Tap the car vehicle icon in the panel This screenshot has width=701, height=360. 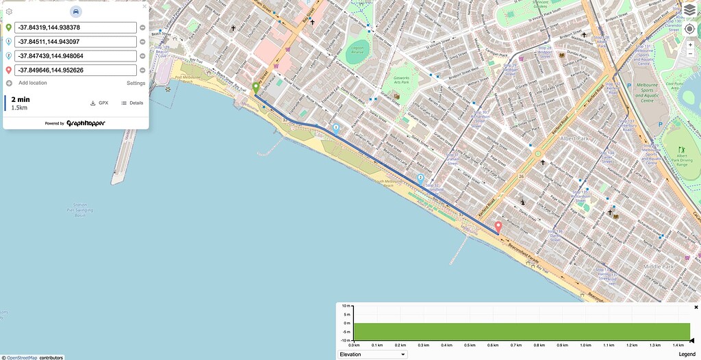tap(76, 12)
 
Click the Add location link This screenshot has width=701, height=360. tap(32, 83)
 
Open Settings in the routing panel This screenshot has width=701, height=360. tap(136, 83)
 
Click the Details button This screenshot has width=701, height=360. tap(132, 103)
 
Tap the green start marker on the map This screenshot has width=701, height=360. tap(256, 88)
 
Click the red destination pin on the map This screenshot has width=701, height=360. tap(498, 227)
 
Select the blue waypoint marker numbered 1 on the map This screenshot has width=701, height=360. tap(336, 128)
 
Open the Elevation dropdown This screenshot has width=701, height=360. tap(372, 355)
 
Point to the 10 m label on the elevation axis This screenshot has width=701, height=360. tap(346, 306)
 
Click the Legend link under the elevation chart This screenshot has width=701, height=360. tap(686, 355)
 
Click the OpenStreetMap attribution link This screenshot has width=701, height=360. tap(22, 357)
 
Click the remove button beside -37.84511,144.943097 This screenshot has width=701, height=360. tap(142, 42)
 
